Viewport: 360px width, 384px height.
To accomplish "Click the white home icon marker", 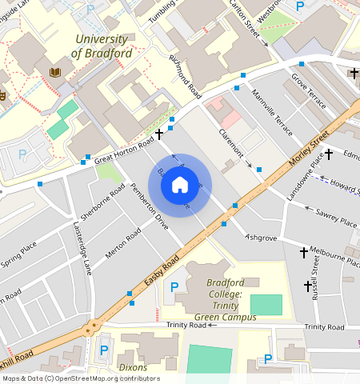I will pyautogui.click(x=180, y=186).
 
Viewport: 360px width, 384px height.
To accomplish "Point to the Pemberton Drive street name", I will pyautogui.click(x=150, y=209).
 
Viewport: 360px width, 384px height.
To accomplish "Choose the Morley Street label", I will pyautogui.click(x=310, y=147).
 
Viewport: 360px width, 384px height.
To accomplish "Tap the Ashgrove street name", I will pyautogui.click(x=260, y=238).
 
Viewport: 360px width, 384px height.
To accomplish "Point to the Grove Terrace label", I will pyautogui.click(x=310, y=92).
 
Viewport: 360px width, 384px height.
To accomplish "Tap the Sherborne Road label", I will pyautogui.click(x=102, y=204).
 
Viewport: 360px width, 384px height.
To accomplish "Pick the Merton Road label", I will pyautogui.click(x=122, y=243).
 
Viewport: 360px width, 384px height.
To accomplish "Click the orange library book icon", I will pyautogui.click(x=54, y=72).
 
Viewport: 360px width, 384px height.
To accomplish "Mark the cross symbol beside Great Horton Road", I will pyautogui.click(x=160, y=134).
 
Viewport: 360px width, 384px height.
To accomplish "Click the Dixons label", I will pyautogui.click(x=133, y=367).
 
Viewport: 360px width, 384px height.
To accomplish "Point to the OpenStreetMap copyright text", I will pyautogui.click(x=81, y=378).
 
